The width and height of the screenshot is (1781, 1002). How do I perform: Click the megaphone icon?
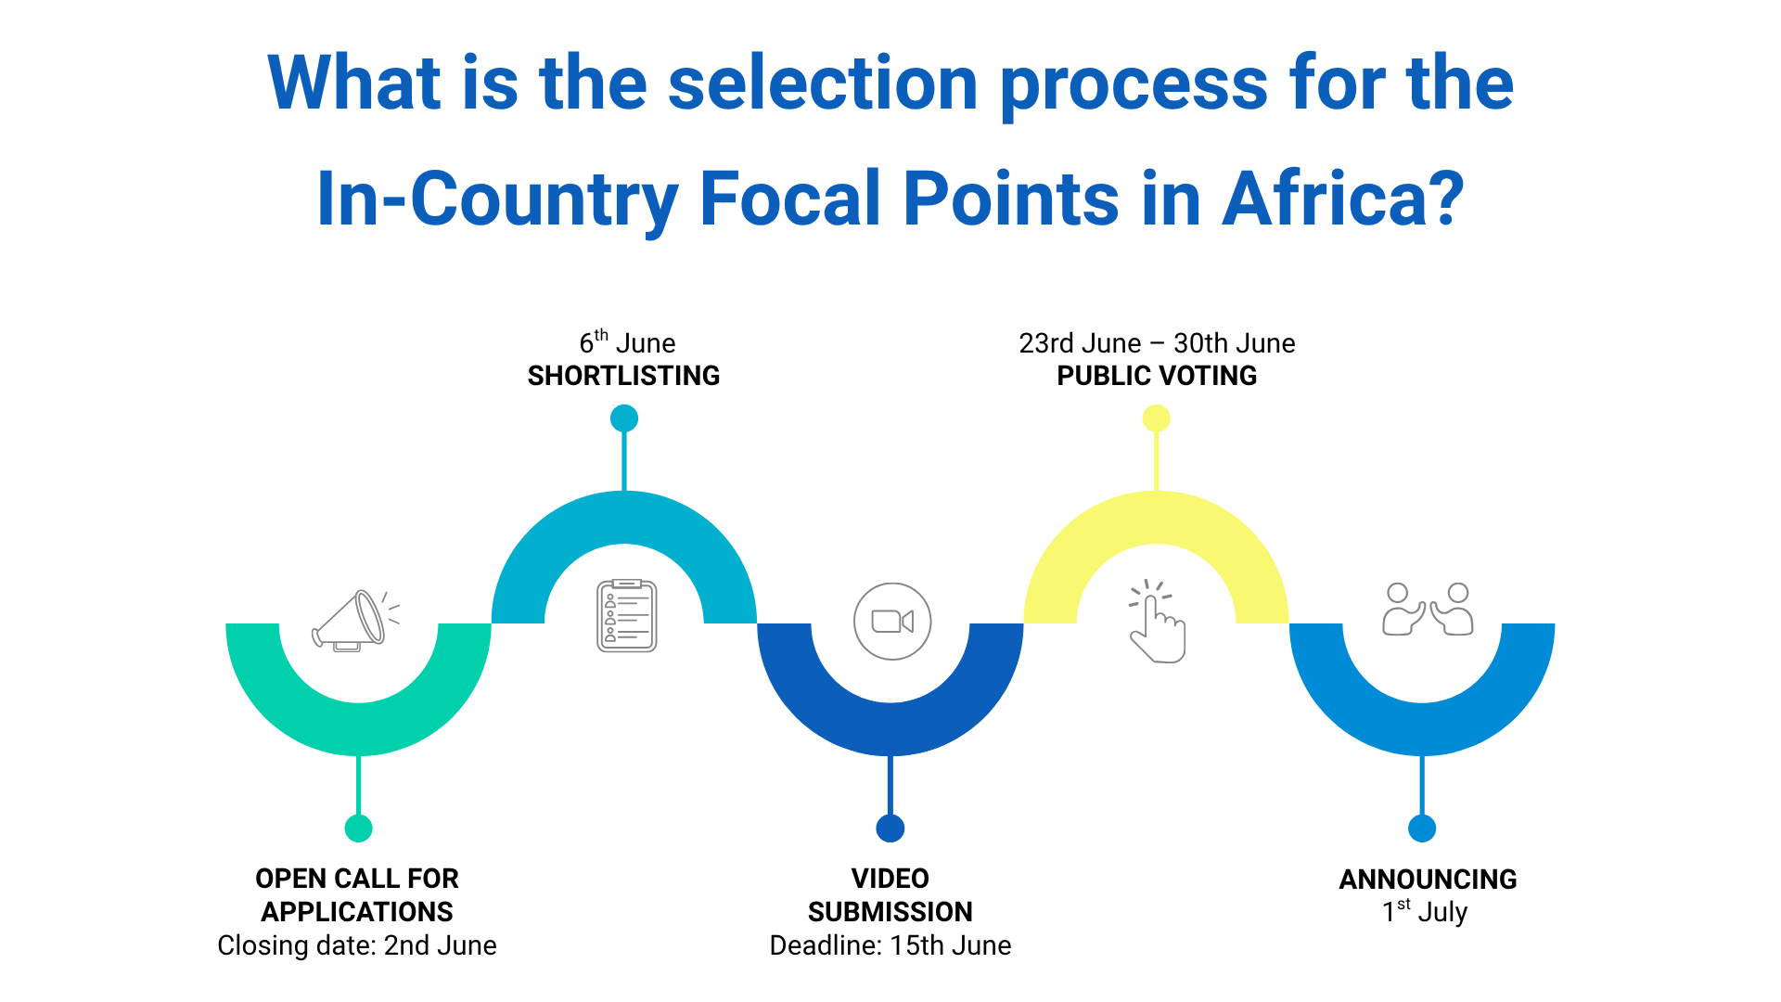click(356, 621)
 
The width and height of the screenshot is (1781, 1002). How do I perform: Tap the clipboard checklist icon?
click(627, 615)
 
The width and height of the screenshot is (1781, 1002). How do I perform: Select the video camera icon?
click(892, 622)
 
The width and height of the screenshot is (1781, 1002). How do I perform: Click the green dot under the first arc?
click(359, 829)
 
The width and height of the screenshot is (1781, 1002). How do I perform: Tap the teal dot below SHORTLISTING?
click(624, 418)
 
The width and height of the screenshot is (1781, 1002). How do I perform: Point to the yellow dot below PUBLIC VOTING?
click(1156, 418)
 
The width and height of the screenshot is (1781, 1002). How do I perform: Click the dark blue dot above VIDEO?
click(890, 829)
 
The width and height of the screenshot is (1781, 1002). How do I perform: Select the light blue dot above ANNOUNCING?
click(1422, 829)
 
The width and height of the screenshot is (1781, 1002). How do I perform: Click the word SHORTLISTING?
click(624, 376)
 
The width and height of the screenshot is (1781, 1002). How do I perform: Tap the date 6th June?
click(627, 341)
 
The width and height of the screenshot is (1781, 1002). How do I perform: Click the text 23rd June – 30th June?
click(1157, 343)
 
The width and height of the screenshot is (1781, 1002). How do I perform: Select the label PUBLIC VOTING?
click(1157, 376)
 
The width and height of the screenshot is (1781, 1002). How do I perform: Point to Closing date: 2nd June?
click(357, 945)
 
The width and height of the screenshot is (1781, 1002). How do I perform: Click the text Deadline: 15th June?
click(890, 945)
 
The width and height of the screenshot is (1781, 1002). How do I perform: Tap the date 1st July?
click(1425, 911)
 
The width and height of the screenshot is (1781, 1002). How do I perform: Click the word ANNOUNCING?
click(1428, 879)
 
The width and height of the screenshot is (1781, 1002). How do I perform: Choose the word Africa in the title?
click(1343, 199)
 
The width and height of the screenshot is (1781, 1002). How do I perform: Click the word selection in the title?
click(823, 83)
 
